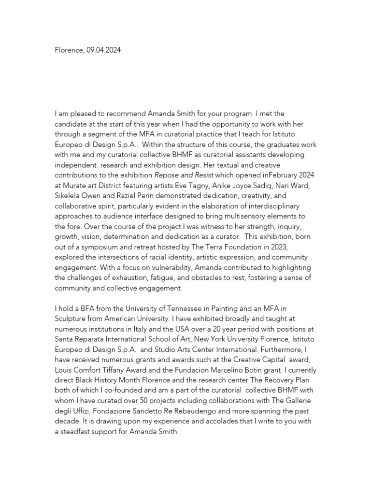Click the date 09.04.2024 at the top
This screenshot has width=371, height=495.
tap(104, 50)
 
